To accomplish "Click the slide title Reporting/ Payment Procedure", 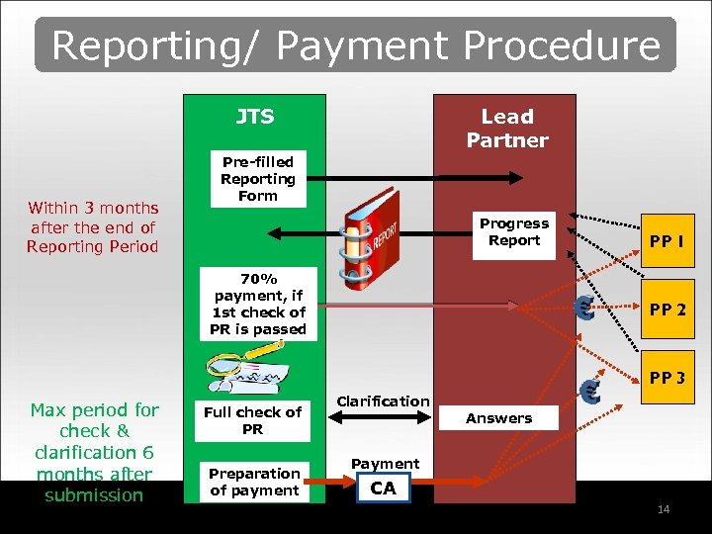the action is (356, 45).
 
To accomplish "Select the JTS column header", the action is (254, 117).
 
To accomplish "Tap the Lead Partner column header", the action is (506, 129).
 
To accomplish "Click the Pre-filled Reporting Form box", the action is (258, 179).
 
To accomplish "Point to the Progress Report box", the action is (513, 232).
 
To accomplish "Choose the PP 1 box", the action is (666, 241).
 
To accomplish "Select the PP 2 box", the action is (666, 310).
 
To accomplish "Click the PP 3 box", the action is (666, 378).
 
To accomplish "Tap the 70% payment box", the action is (258, 304).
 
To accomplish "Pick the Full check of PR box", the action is (252, 420).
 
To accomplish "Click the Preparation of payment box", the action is (254, 482).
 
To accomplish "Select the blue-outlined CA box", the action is (383, 489).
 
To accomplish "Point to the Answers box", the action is (498, 418).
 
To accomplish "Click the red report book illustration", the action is (370, 239).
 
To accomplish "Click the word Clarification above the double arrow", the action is (383, 400).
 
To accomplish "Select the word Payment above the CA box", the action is (385, 464).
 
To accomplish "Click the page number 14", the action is (664, 509).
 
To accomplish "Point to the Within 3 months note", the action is (93, 226).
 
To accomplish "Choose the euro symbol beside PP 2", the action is (584, 309).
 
